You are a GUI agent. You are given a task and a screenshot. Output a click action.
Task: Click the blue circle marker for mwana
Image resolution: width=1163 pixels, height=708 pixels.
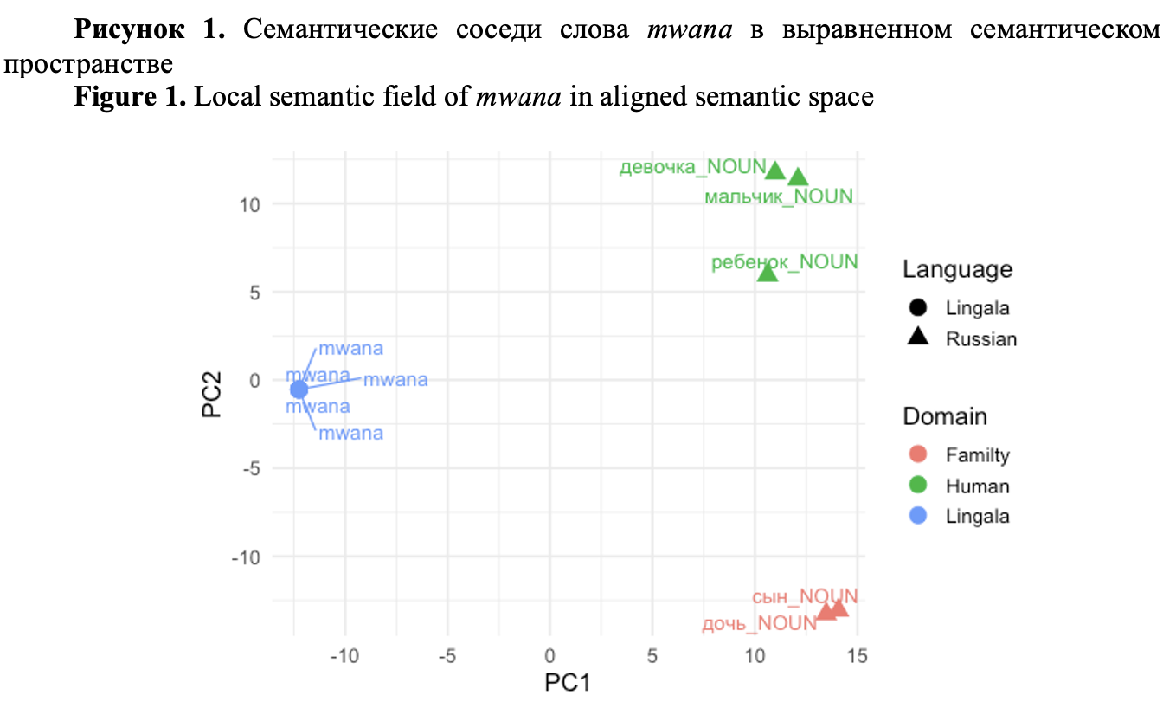(299, 389)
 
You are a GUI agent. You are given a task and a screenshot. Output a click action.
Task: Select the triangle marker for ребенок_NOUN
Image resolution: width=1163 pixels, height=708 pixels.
(768, 273)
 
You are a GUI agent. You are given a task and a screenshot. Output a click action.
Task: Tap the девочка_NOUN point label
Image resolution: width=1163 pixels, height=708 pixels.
(692, 167)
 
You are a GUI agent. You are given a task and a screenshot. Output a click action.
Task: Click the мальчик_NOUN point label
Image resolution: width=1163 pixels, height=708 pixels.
(779, 197)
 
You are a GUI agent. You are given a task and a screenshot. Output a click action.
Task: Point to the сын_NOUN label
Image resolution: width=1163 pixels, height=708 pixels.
(805, 596)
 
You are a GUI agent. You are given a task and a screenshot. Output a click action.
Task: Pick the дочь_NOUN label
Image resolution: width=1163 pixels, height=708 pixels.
(758, 623)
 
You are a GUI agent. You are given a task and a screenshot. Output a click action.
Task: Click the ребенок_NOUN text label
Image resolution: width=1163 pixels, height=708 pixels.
(784, 261)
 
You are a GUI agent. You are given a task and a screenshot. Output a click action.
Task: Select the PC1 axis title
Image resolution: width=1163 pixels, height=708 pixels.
(567, 683)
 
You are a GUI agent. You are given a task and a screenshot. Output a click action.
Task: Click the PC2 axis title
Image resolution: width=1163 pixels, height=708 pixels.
(212, 394)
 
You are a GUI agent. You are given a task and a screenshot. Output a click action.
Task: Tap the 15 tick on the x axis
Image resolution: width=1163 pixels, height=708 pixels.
(857, 655)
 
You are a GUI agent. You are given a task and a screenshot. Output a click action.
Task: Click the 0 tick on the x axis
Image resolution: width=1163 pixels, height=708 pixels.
(550, 655)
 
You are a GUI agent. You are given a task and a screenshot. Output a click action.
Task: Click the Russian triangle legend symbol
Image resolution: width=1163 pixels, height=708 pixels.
(919, 338)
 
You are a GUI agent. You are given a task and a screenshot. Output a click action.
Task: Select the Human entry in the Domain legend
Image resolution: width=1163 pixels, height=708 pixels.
(977, 486)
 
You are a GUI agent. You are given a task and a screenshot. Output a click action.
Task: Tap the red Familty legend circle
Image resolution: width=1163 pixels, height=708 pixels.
(919, 454)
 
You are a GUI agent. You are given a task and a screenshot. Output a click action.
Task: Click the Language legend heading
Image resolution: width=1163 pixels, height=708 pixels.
(957, 269)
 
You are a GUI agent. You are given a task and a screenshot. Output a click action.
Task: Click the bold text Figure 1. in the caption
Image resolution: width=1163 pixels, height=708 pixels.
(130, 96)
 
